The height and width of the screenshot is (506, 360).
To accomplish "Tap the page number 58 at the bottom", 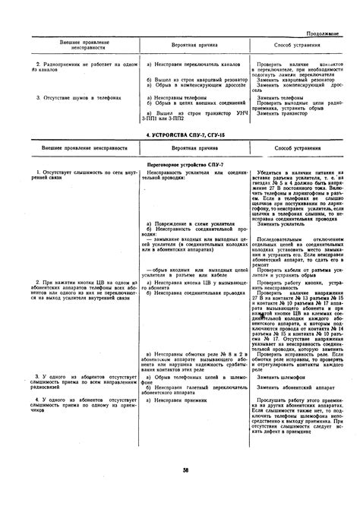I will (x=185, y=490).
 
